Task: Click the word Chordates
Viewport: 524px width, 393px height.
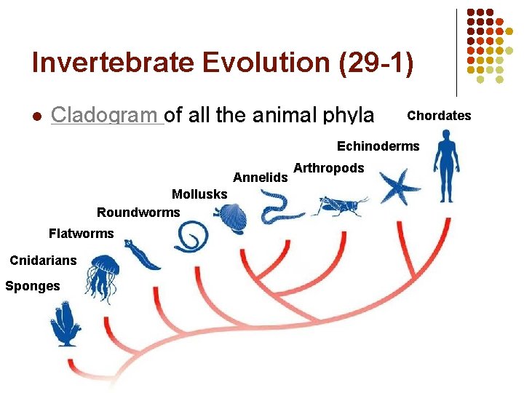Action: pos(439,116)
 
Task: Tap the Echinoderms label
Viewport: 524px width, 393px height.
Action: pos(378,146)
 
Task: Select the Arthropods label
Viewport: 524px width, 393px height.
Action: pos(328,168)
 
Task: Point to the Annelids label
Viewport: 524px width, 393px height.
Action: pos(260,177)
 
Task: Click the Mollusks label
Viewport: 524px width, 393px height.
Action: pos(199,194)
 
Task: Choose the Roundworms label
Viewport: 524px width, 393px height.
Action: pos(138,213)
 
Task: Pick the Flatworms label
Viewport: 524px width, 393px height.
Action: pos(81,234)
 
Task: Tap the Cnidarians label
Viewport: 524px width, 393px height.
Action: pos(43,261)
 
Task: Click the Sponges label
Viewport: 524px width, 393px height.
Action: pos(33,286)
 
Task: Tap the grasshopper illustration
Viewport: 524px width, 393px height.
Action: pos(338,205)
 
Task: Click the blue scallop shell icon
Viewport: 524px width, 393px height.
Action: pos(231,216)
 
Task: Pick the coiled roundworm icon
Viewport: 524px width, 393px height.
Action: pos(191,237)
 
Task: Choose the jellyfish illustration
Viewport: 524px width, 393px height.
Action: pos(102,276)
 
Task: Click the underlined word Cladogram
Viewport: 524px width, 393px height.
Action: pos(107,116)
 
